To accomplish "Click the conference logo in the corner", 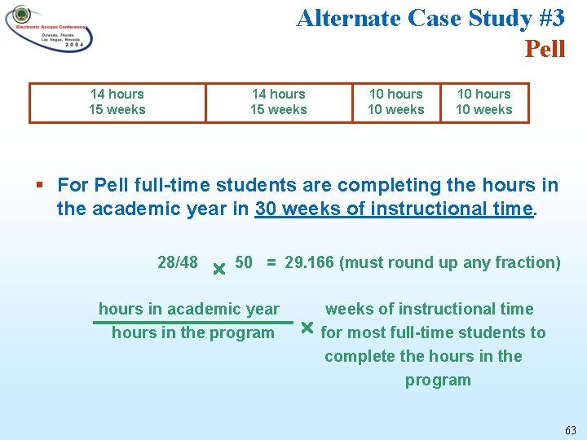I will click(x=49, y=29).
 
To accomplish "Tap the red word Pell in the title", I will click(x=545, y=49).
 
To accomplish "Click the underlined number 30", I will click(x=266, y=209).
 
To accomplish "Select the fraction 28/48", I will click(x=177, y=262).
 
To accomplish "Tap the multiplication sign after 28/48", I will click(x=218, y=268).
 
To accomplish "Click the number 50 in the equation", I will click(x=244, y=262).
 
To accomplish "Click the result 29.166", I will click(x=310, y=262).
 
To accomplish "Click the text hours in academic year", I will click(x=188, y=309).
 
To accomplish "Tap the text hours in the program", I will click(x=192, y=332).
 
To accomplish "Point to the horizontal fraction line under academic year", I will click(x=192, y=322).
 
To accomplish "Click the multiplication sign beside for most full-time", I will click(x=307, y=328).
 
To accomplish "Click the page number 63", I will click(x=569, y=429).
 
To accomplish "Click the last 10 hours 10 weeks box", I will click(x=484, y=103).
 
